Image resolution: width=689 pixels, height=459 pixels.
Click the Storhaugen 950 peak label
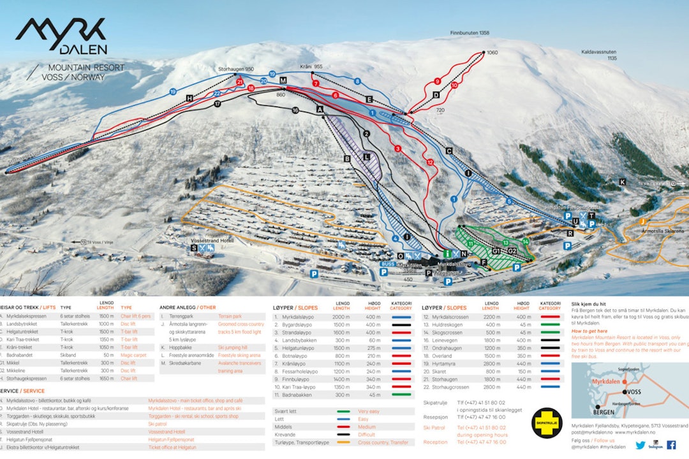click(236, 69)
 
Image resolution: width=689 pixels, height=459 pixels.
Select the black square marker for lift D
click(436, 95)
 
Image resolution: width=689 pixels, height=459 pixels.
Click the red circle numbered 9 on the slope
click(437, 81)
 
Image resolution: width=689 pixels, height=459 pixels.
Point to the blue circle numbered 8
click(358, 82)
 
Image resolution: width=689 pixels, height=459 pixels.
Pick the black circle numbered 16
click(295, 110)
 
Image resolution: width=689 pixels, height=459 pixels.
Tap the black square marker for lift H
click(189, 98)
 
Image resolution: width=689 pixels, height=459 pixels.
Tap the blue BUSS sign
click(387, 263)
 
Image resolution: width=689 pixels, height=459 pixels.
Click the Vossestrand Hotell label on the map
click(217, 240)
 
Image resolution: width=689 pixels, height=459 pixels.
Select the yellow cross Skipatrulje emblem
click(547, 423)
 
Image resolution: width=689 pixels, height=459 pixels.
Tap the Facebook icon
click(671, 445)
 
